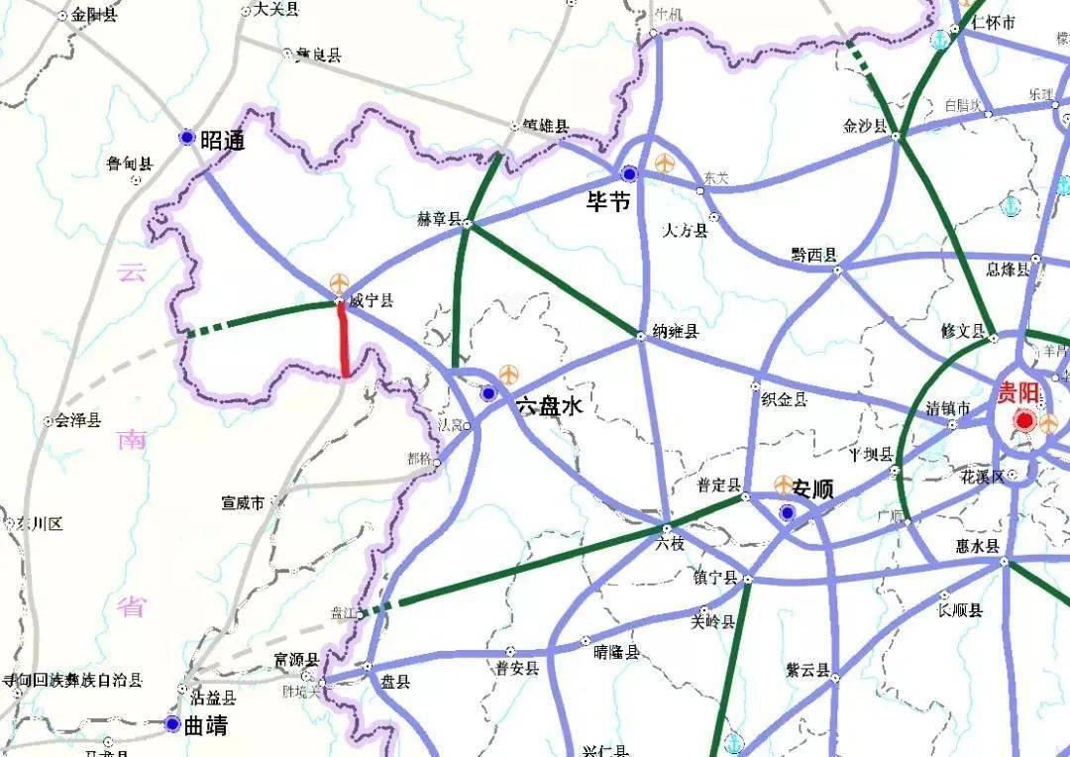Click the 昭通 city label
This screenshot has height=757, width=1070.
pyautogui.click(x=222, y=141)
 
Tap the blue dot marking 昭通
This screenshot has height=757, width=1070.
pyautogui.click(x=186, y=138)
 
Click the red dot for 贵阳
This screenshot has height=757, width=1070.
pyautogui.click(x=1024, y=422)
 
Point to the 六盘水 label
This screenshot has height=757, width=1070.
pyautogui.click(x=549, y=405)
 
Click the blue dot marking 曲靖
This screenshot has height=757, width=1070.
pyautogui.click(x=173, y=724)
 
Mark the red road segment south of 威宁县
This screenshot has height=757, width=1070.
pyautogui.click(x=343, y=340)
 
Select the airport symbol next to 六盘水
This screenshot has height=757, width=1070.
pyautogui.click(x=509, y=374)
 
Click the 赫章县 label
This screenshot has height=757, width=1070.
pyautogui.click(x=441, y=219)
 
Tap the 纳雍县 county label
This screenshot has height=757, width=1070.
pyautogui.click(x=677, y=332)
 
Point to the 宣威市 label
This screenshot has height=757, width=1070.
pyautogui.click(x=243, y=503)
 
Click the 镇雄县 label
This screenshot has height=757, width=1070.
pyautogui.click(x=546, y=127)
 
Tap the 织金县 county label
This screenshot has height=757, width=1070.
pyautogui.click(x=784, y=398)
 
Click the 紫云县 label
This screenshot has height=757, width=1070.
pyautogui.click(x=806, y=671)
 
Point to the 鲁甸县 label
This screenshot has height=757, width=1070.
pyautogui.click(x=130, y=163)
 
